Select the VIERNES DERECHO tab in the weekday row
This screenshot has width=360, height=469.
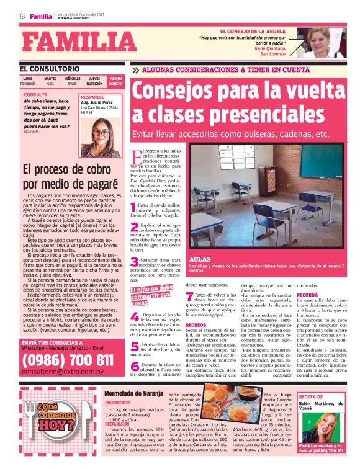[x=115, y=81]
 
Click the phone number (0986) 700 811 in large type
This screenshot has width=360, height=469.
[x=67, y=360]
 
